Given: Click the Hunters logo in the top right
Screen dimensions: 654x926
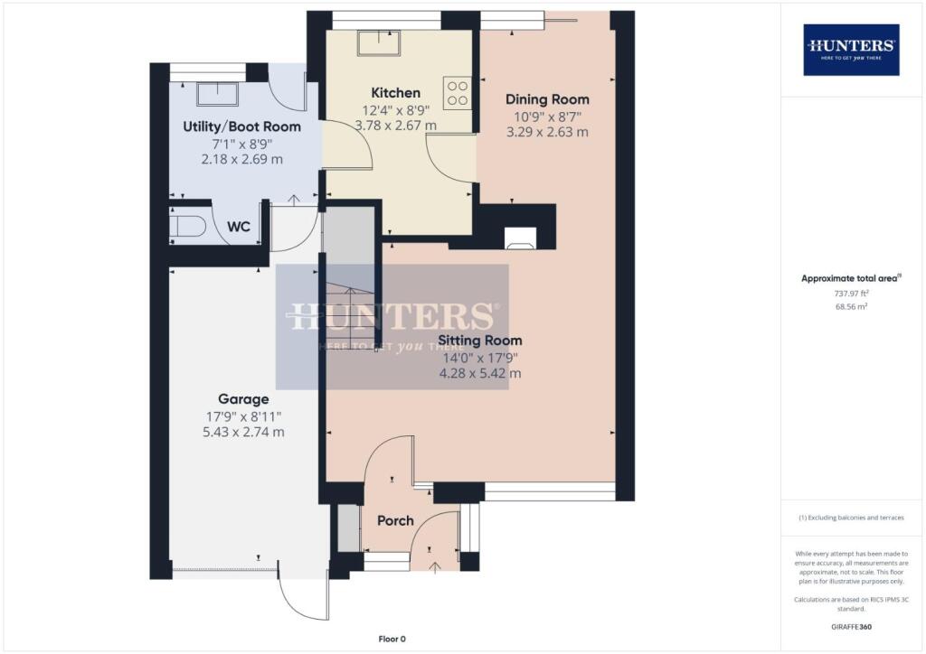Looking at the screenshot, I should (x=851, y=49).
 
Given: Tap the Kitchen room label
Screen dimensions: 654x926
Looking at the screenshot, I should (x=395, y=93).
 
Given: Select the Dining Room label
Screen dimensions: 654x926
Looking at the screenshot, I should (x=547, y=99).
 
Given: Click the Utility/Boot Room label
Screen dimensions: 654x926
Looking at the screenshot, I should (x=241, y=126).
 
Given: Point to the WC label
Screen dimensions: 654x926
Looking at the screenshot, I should (x=238, y=227).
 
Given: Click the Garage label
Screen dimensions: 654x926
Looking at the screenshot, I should (x=242, y=398).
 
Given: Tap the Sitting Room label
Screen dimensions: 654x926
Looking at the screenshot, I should (x=480, y=341).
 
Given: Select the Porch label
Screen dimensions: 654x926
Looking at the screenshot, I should (x=395, y=520).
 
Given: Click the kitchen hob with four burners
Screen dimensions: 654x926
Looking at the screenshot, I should (x=458, y=94).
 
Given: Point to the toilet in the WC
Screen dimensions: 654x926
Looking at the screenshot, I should (x=185, y=227).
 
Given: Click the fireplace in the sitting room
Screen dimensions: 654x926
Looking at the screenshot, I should (x=520, y=238).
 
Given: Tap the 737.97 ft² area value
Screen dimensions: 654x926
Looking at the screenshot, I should (x=851, y=294).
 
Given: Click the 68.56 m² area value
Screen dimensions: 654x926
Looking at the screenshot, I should (x=851, y=307).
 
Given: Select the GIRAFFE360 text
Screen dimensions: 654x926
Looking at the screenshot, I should (x=851, y=626).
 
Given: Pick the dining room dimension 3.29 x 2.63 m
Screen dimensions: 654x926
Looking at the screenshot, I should (x=547, y=132).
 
